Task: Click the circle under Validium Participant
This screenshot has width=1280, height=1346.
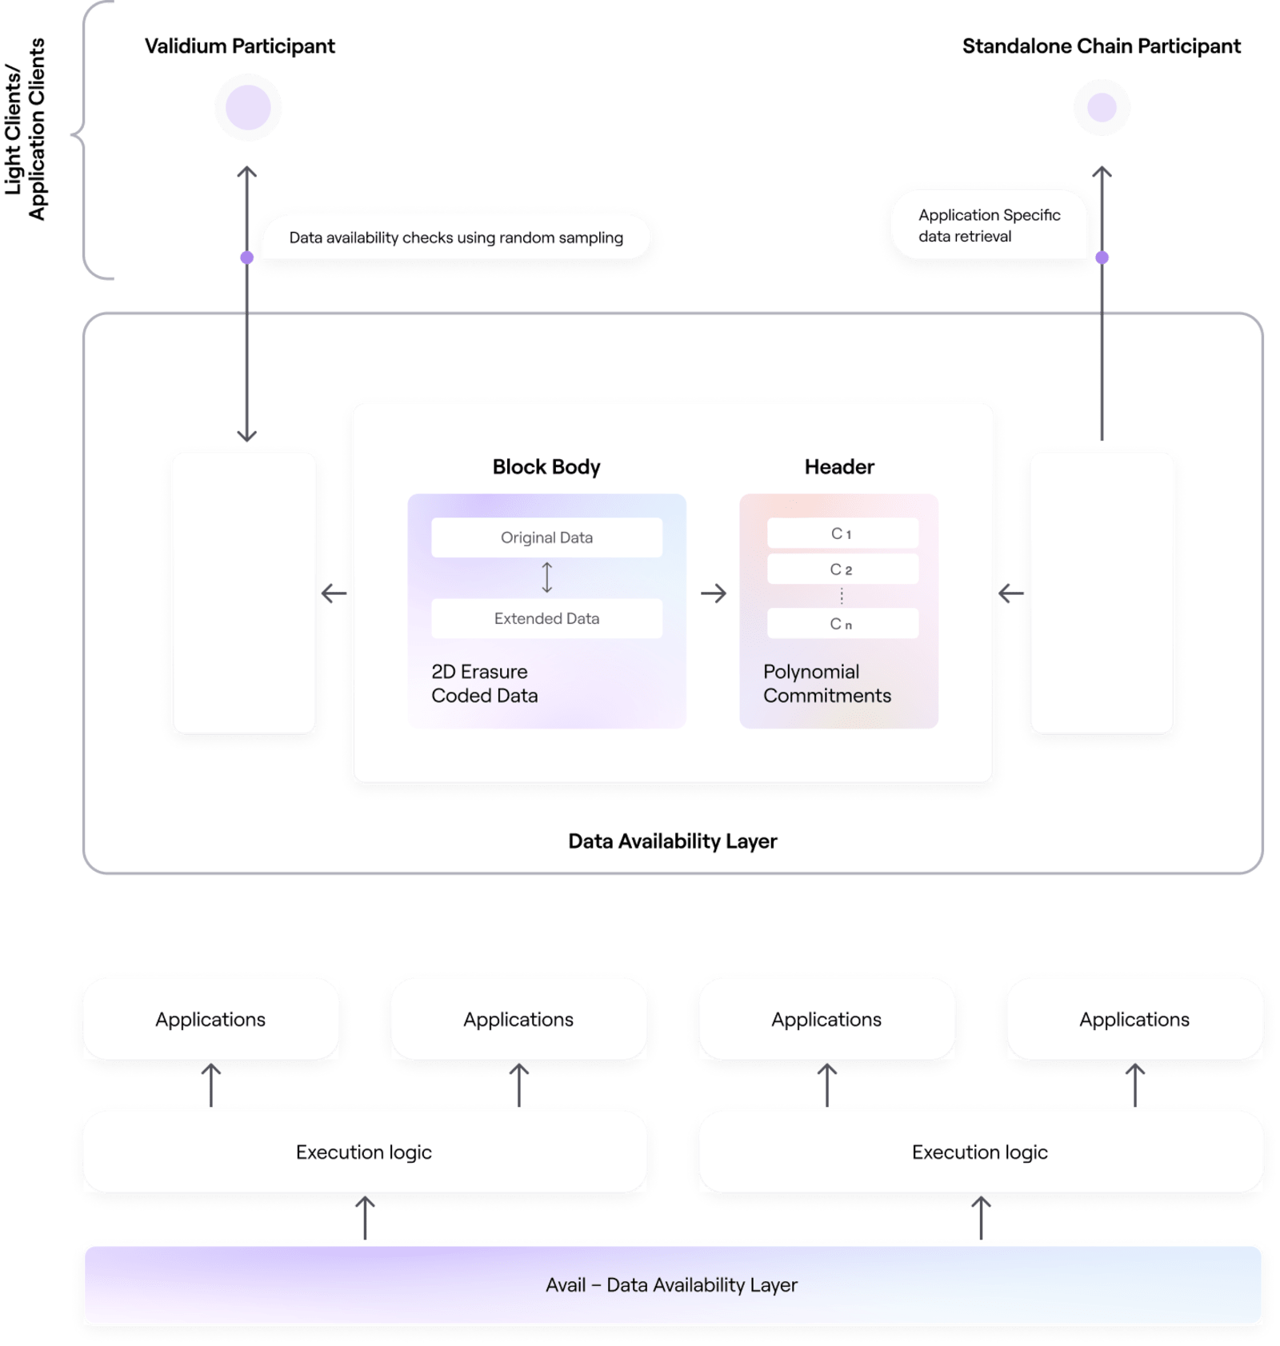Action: click(248, 107)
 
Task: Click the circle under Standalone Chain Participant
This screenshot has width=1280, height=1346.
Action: click(1102, 107)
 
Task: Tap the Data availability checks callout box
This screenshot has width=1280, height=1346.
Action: click(456, 238)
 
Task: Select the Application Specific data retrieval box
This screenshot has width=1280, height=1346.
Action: click(990, 226)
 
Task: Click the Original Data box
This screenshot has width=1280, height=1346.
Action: click(546, 537)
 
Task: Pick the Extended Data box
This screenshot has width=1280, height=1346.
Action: click(546, 618)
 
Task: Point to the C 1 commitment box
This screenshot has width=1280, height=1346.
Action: click(842, 533)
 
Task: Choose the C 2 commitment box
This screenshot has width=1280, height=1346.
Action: click(842, 569)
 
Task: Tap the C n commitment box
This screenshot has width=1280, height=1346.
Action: click(842, 624)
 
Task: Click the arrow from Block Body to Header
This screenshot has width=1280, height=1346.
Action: click(713, 593)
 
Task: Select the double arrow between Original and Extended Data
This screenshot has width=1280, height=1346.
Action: click(547, 577)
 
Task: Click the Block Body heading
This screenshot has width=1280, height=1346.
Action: click(546, 467)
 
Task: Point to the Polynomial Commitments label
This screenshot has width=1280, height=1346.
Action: click(826, 684)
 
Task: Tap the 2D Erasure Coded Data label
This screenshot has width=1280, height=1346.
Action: click(484, 684)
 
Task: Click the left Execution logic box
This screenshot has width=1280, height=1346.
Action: click(364, 1152)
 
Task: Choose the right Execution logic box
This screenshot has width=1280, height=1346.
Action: click(980, 1152)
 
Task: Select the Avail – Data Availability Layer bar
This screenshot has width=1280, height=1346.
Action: click(672, 1284)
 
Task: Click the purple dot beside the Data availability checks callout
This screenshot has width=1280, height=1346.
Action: click(247, 258)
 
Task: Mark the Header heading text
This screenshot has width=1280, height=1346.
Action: click(839, 467)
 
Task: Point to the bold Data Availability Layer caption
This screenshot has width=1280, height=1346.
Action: click(672, 841)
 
